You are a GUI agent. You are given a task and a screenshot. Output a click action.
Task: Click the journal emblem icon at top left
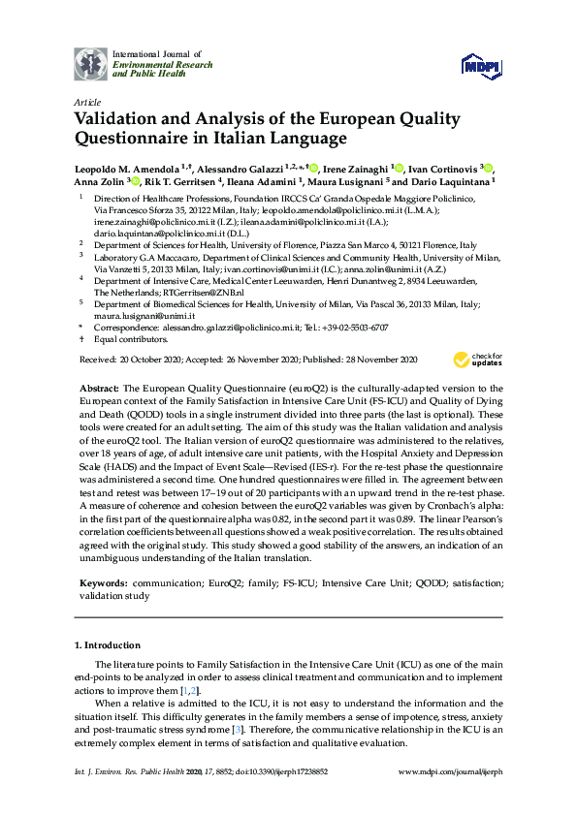coord(90,64)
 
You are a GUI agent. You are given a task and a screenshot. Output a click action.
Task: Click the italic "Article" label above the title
coord(87,101)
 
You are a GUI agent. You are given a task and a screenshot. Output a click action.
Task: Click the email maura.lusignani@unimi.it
coord(138,316)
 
